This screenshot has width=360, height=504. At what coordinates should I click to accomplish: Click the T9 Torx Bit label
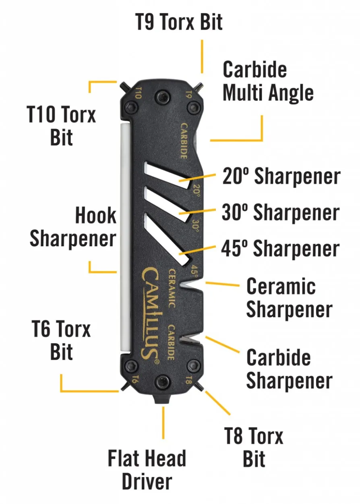click(179, 22)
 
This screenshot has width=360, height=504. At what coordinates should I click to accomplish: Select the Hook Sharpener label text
click(73, 227)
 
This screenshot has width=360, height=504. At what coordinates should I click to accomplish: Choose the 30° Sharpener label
click(281, 212)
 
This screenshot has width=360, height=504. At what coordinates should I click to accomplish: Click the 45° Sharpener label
click(280, 248)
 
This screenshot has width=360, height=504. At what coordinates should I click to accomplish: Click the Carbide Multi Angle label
click(268, 81)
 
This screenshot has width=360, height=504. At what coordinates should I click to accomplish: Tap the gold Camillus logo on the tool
click(150, 314)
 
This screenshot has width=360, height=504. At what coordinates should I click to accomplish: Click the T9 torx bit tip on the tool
click(199, 86)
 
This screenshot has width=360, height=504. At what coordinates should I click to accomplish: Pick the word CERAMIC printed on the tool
click(172, 288)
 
